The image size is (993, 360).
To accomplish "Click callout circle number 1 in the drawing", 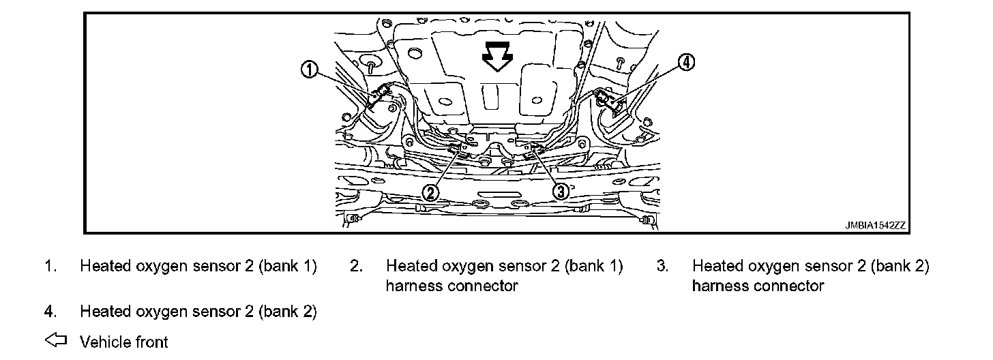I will pyautogui.click(x=310, y=70).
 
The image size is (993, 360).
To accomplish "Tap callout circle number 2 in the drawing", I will pyautogui.click(x=430, y=192).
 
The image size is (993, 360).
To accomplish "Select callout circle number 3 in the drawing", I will pyautogui.click(x=560, y=192).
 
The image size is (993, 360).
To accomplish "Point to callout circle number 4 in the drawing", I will pyautogui.click(x=685, y=63).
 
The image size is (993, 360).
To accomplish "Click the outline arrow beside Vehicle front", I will pyautogui.click(x=56, y=340).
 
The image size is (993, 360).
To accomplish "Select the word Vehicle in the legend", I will pyautogui.click(x=102, y=341).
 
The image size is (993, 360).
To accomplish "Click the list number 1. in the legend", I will pyautogui.click(x=50, y=266).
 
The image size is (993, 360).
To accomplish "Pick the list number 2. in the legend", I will pyautogui.click(x=356, y=266).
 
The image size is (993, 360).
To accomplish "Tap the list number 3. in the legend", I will pyautogui.click(x=662, y=266).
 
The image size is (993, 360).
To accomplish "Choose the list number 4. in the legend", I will pyautogui.click(x=50, y=312).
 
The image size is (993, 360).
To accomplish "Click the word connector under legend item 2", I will pyautogui.click(x=483, y=286).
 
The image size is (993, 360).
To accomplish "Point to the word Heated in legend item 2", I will pyautogui.click(x=409, y=266).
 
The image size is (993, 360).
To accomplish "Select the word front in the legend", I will pyautogui.click(x=149, y=341).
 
